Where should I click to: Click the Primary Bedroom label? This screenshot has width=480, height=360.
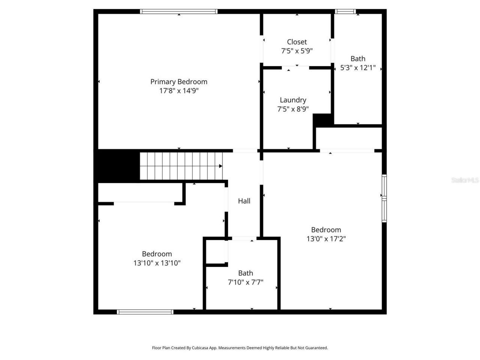178,82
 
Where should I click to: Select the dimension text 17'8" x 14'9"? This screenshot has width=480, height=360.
178,91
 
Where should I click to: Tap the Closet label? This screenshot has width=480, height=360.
297,42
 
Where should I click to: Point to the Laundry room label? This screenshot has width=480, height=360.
293,100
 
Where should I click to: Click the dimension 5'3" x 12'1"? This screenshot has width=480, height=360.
358,68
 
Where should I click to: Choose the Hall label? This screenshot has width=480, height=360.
244,201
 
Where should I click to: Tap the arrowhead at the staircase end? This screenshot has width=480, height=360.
221,166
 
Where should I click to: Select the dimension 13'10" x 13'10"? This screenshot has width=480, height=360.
157,263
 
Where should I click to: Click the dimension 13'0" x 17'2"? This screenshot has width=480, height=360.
326,239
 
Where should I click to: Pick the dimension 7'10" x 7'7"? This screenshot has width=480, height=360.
246,282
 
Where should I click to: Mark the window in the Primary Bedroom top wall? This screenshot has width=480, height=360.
178,12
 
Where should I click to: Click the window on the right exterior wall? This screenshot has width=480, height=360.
384,198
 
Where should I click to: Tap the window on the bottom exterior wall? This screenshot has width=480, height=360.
145,312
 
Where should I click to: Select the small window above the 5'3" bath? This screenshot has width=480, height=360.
345,12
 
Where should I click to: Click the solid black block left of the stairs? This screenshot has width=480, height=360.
116,165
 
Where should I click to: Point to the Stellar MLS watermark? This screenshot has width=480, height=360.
465,180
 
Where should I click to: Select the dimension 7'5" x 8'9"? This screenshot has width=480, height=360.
293,109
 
